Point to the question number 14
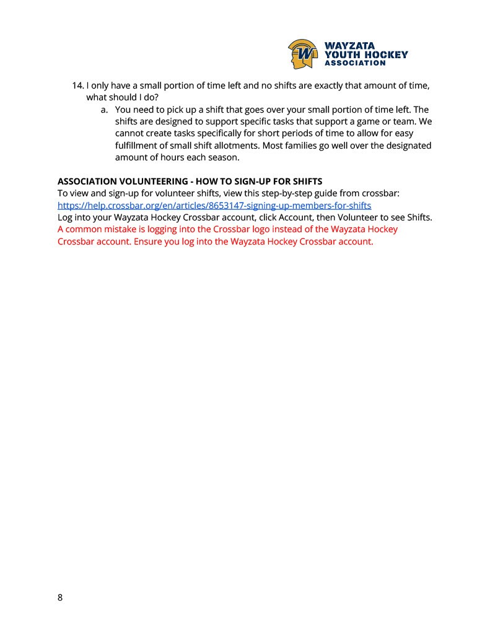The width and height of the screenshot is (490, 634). [x=78, y=85]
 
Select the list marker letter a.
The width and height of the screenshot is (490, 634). [x=104, y=109]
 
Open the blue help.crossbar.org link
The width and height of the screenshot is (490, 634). [x=214, y=205]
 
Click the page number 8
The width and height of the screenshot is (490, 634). [x=60, y=597]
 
